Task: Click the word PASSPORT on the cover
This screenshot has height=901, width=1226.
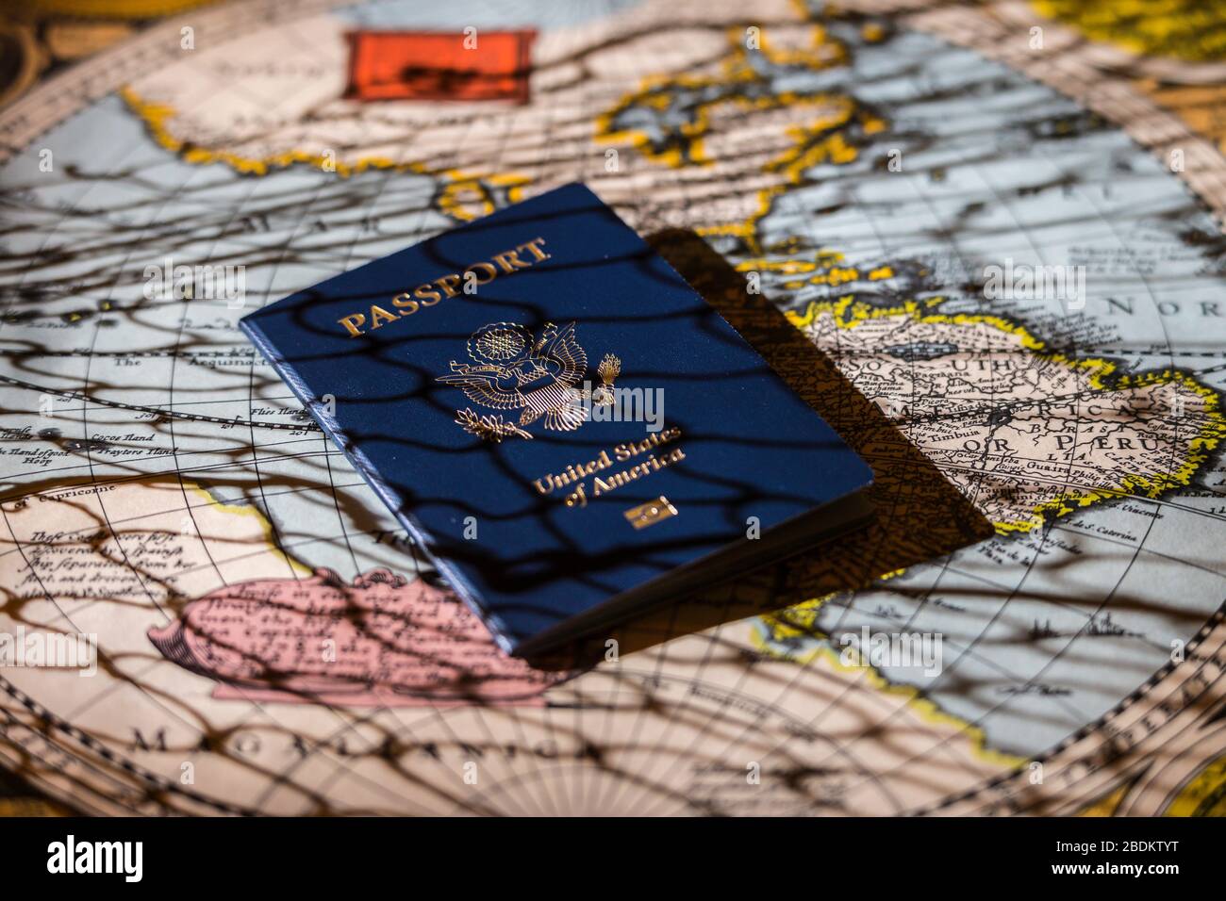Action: click(443, 287)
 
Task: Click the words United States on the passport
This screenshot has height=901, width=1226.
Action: click(606, 459)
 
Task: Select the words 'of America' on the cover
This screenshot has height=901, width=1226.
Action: click(622, 481)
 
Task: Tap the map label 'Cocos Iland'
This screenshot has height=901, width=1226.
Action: click(122, 440)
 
